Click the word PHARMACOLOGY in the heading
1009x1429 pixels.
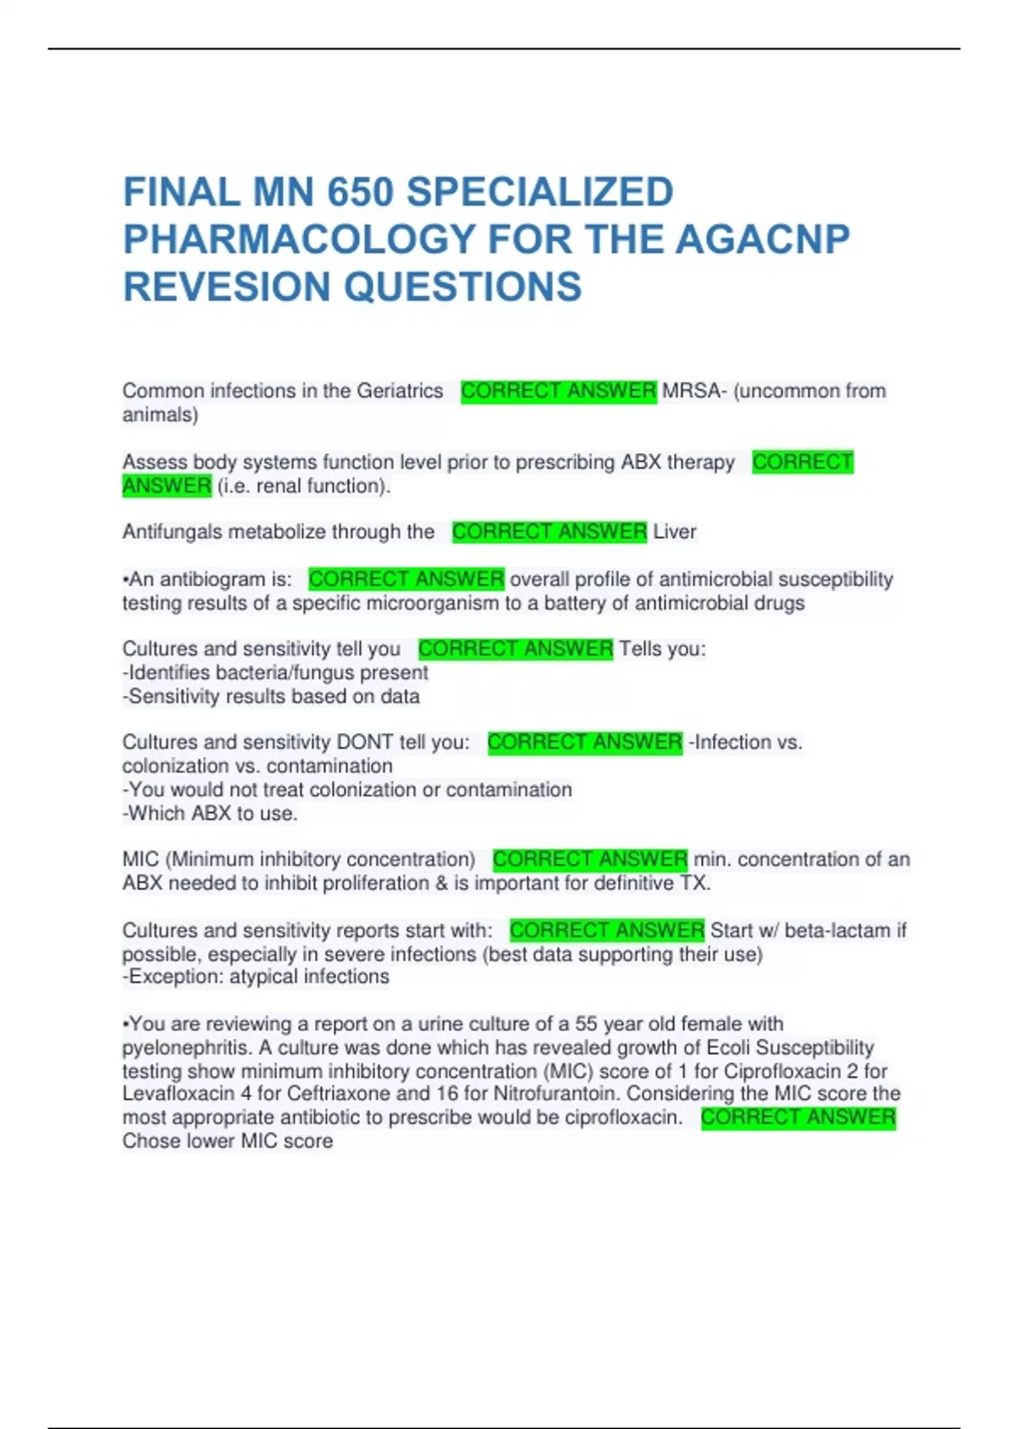coord(299,240)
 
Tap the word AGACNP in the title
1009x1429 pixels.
coord(763,240)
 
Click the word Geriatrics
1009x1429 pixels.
coord(399,391)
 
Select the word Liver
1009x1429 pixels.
coord(674,532)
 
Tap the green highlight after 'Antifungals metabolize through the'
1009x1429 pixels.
coord(549,532)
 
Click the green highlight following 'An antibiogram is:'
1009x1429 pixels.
coord(406,579)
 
